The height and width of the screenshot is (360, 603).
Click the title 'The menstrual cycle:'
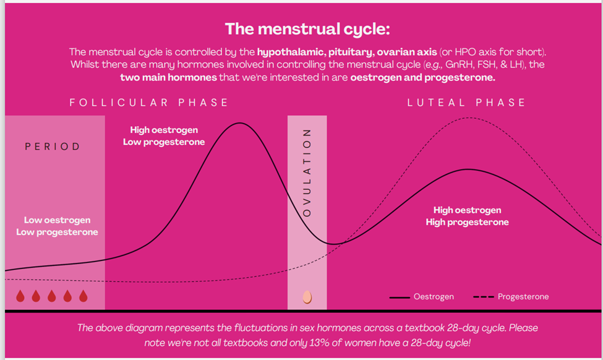pos(307,28)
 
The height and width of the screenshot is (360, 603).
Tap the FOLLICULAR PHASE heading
pos(148,103)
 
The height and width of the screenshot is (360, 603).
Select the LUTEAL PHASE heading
pos(466,103)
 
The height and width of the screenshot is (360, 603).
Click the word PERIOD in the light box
pos(53,147)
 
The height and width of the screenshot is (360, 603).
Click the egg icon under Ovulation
pos(307,297)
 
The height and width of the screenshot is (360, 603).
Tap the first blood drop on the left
pos(20,296)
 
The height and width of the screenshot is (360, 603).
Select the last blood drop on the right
pos(83,296)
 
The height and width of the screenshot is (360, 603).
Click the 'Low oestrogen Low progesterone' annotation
pos(57,226)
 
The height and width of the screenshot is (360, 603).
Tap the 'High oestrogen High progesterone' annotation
pos(467,216)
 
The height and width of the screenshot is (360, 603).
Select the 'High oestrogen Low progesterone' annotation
pos(164,135)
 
